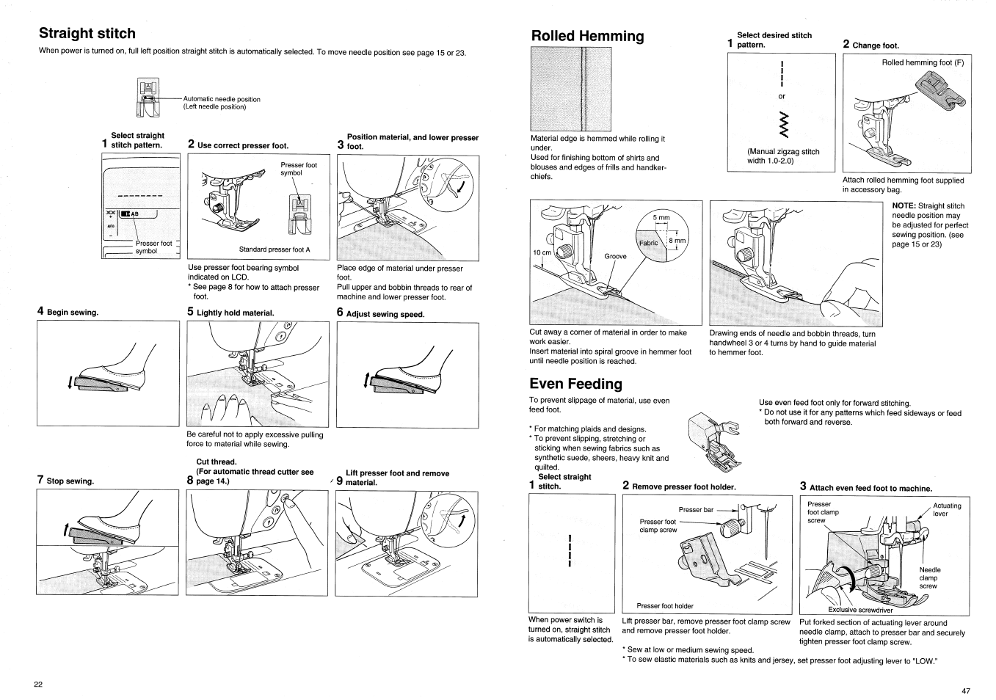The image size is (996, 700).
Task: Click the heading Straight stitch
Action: click(x=87, y=34)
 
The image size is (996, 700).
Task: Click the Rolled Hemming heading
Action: click(x=587, y=36)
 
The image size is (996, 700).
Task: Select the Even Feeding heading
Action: click(x=575, y=384)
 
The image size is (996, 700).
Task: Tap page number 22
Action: click(x=38, y=684)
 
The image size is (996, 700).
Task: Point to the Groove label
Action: click(x=615, y=256)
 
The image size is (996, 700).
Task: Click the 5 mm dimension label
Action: click(x=662, y=217)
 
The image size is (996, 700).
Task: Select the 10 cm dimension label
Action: click(x=542, y=252)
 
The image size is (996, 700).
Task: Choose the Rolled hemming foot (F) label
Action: click(x=923, y=63)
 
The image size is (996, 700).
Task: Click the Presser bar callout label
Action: click(x=695, y=509)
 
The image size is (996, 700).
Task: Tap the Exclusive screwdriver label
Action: click(x=860, y=610)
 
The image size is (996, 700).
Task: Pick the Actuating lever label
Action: click(x=946, y=509)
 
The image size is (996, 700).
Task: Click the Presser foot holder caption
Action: click(x=665, y=606)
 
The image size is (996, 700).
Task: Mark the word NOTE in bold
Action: click(x=904, y=206)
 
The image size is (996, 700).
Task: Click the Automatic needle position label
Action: click(x=222, y=99)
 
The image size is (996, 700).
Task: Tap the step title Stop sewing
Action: click(x=70, y=481)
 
